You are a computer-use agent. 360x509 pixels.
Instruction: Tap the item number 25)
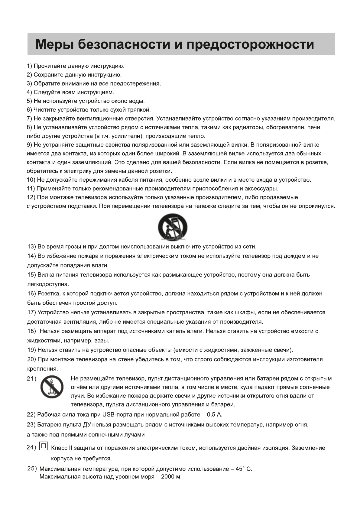[x=32, y=468]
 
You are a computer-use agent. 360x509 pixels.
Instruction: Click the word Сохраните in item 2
[x=46, y=75]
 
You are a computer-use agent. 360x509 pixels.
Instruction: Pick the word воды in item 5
[x=137, y=101]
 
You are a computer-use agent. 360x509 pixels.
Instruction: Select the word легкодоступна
[x=48, y=284]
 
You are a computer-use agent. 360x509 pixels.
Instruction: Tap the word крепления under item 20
[x=42, y=369]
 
